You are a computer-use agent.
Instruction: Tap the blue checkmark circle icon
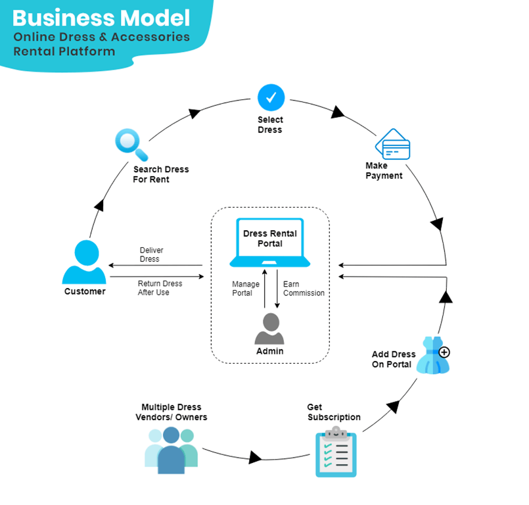coord(270,98)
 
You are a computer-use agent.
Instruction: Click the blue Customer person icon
coord(84,262)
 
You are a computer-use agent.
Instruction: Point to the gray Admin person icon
coord(269,328)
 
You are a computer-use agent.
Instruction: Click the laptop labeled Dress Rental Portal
coord(270,243)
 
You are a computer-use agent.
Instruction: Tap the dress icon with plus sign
coord(434,355)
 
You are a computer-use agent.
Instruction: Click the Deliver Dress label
coord(152,254)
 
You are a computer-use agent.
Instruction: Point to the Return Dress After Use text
coord(160,288)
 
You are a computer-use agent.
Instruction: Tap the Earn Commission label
coord(304,288)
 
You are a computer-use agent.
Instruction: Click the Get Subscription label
coord(334,412)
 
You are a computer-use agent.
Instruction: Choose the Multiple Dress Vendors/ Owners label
coord(171,412)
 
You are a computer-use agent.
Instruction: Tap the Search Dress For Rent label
coord(160,174)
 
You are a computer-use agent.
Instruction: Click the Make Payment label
coord(384,170)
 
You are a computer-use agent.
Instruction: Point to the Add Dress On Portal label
coord(394,359)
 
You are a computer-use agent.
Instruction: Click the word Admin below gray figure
coord(269,351)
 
